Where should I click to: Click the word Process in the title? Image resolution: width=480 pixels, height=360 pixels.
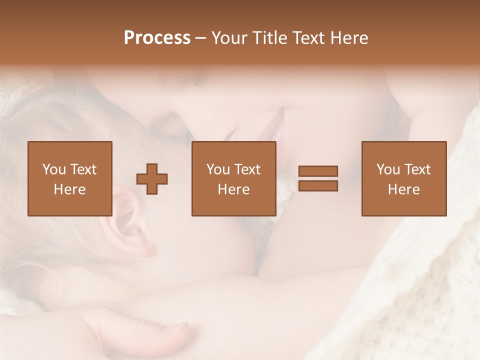157,38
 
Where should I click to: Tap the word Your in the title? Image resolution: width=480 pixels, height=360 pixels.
228,38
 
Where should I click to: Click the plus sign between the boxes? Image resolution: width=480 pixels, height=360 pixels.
152,179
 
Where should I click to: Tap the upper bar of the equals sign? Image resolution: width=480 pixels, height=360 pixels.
318,171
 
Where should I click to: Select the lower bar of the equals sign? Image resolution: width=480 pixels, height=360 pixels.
318,186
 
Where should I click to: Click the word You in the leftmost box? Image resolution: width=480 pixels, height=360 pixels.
54,169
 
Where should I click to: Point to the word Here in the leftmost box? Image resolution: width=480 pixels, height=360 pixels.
69,189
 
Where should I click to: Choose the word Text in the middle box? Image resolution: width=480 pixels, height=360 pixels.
247,169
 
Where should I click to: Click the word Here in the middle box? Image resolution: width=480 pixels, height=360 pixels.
233,189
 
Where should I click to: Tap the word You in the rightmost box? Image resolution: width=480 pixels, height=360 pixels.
388,169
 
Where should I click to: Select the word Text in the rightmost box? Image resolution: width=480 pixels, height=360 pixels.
417,169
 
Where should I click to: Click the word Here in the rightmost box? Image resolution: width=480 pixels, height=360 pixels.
403,189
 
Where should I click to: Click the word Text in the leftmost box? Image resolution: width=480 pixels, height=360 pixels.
83,169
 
